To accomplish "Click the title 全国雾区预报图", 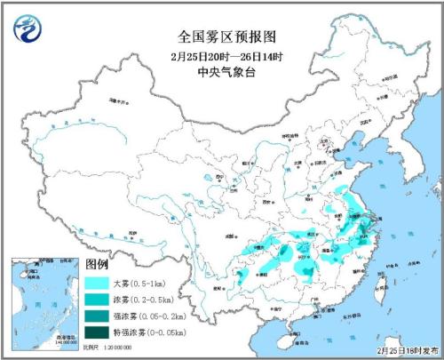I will coord(221,37).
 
